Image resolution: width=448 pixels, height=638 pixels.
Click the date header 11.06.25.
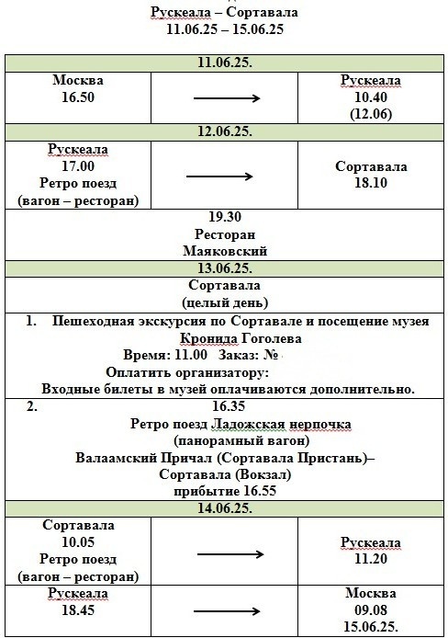225,63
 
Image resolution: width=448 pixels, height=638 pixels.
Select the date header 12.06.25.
225,131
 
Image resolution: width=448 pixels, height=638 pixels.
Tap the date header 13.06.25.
225,268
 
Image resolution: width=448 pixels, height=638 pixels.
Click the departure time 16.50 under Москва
78,97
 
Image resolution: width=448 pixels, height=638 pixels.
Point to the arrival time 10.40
372,97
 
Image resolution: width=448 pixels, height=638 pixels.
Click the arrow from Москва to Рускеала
225,97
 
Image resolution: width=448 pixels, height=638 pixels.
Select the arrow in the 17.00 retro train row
225,175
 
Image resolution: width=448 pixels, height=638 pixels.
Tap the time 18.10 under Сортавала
372,183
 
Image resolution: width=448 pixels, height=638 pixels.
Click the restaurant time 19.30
225,217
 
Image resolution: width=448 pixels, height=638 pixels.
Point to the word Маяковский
225,250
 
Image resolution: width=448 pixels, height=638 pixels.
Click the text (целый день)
225,302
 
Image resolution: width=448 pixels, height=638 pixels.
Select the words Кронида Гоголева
225,338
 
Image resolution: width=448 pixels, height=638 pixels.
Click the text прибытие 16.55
225,491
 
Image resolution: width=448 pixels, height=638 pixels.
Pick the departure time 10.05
78,542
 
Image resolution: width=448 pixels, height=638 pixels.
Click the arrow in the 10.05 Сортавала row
225,553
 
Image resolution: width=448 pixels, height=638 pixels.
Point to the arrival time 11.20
372,558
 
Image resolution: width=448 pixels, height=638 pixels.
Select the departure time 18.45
78,610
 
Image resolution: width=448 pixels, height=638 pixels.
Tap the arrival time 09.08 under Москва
372,610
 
